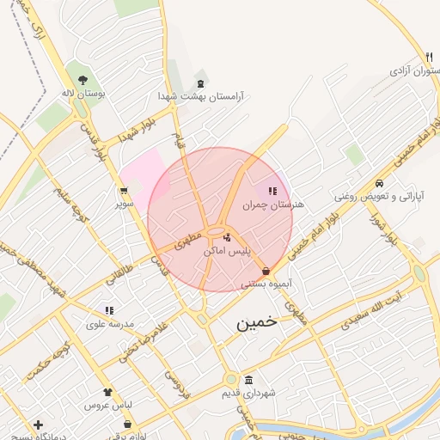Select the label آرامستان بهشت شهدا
pos(200,97)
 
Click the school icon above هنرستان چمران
pos(272,192)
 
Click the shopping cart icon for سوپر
pos(124,191)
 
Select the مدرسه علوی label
pos(107,324)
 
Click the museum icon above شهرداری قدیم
pos(248,380)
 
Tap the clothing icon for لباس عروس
pos(107,392)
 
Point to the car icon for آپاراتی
pos(379,184)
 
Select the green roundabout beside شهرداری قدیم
pos(230,379)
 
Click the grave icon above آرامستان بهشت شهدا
pos(201,84)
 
